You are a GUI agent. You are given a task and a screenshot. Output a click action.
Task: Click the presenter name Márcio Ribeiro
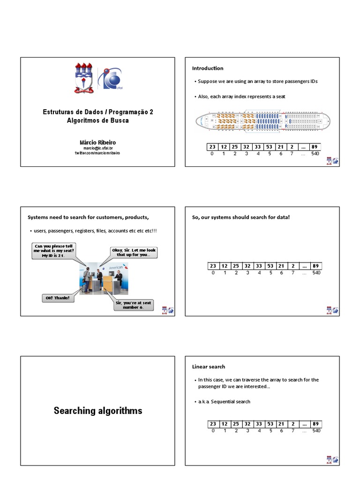[x=97, y=142]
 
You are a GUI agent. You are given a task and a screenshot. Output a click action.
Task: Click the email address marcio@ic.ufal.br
[x=97, y=148]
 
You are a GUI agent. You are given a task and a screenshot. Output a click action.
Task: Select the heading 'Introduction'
[x=208, y=68]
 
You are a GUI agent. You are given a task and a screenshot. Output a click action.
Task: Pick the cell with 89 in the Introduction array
[x=315, y=147]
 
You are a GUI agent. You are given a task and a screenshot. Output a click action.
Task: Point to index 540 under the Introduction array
[x=315, y=154]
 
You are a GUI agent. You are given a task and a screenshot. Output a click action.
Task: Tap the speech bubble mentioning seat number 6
[x=134, y=305]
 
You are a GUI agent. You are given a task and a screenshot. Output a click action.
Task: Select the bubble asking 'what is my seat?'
[x=54, y=250]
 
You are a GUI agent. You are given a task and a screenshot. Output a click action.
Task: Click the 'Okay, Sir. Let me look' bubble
[x=134, y=253]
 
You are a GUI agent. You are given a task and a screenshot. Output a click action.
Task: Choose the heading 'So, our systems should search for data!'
[x=238, y=217]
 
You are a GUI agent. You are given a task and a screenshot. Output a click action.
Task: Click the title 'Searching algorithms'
[x=97, y=411]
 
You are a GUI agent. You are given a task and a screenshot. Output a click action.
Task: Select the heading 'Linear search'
[x=209, y=367]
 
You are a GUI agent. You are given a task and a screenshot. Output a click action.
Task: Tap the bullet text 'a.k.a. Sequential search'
[x=224, y=402]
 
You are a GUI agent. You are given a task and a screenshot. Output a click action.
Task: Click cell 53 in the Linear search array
[x=270, y=424]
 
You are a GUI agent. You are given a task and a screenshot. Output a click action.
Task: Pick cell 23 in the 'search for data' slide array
[x=213, y=266]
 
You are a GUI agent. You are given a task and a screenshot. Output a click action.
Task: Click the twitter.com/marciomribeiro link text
[x=97, y=153]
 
